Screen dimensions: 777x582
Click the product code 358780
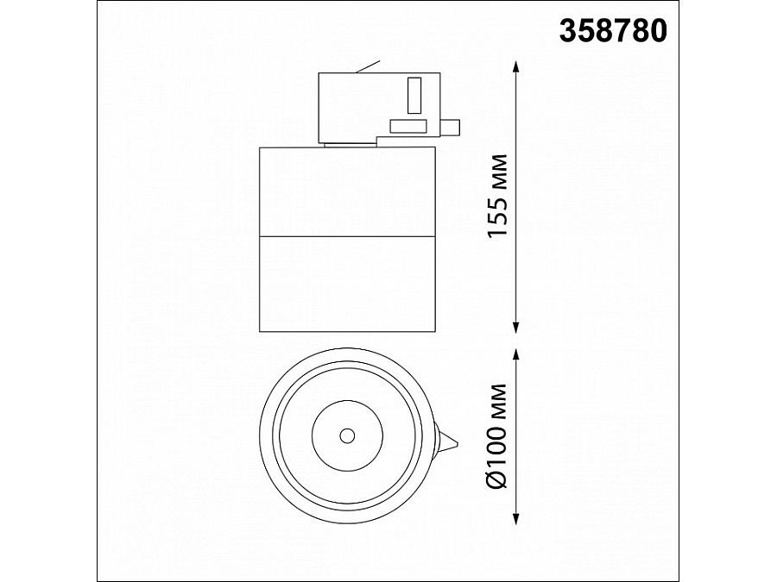[x=613, y=31]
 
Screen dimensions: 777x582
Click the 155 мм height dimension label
[x=498, y=196]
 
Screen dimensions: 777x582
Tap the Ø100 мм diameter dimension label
[x=498, y=436]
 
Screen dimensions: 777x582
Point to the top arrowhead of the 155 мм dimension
[x=516, y=67]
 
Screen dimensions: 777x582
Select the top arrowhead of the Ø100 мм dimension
[x=516, y=355]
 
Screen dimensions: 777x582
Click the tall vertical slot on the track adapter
[x=414, y=95]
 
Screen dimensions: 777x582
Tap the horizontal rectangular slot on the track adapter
[x=408, y=126]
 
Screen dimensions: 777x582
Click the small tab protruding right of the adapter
[x=450, y=127]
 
